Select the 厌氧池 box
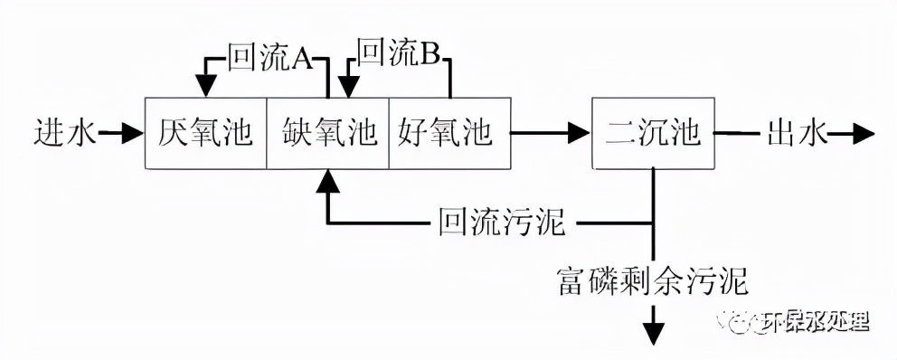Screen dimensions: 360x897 coord(206,134)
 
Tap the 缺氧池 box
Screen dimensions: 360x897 coord(327,134)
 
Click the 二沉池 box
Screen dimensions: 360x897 coord(652,134)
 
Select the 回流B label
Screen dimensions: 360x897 coord(399,55)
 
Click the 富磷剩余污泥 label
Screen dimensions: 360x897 coord(653,280)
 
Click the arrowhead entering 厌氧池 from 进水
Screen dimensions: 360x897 coord(135,134)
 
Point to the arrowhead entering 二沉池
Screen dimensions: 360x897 coord(580,134)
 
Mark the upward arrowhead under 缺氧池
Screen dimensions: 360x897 coord(327,180)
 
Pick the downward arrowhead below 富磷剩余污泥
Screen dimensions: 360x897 coord(653,336)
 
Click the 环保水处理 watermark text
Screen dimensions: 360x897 coord(814,321)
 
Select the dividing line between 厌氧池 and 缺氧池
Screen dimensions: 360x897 coord(267,134)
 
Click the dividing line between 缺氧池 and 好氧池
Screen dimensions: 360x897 coord(389,134)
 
